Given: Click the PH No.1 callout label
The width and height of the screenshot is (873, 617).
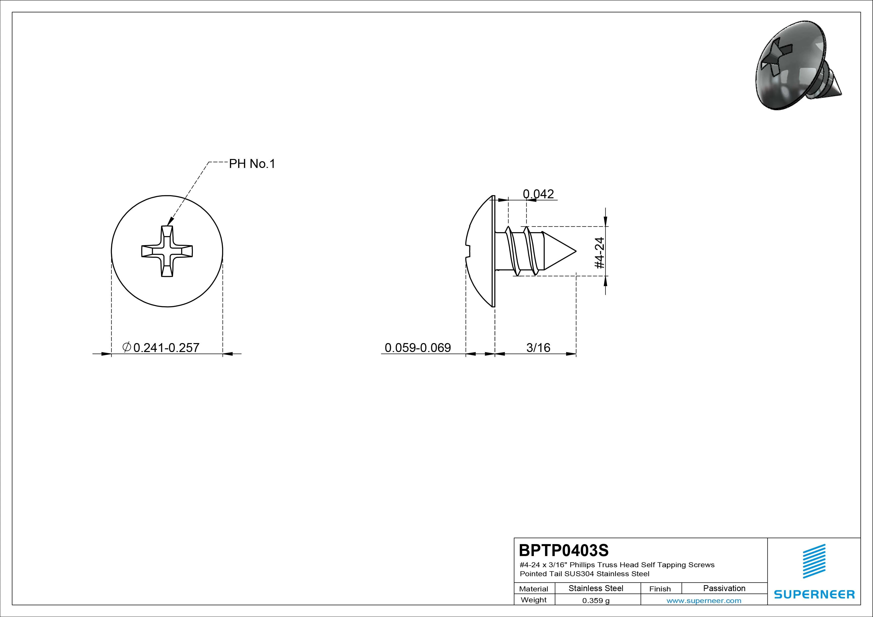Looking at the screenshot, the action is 252,164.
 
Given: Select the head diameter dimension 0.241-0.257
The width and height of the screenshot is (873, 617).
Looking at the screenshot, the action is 166,348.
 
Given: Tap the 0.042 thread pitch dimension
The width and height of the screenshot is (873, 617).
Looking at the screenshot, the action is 538,194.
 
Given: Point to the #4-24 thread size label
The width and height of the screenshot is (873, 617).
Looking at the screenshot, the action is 600,253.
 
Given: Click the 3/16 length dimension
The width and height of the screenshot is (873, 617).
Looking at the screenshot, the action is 538,348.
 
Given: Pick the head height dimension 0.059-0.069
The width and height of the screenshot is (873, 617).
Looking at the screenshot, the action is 418,348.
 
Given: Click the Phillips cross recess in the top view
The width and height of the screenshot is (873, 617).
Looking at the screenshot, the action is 167,251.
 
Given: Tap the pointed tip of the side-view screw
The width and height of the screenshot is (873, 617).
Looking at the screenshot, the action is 576,251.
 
